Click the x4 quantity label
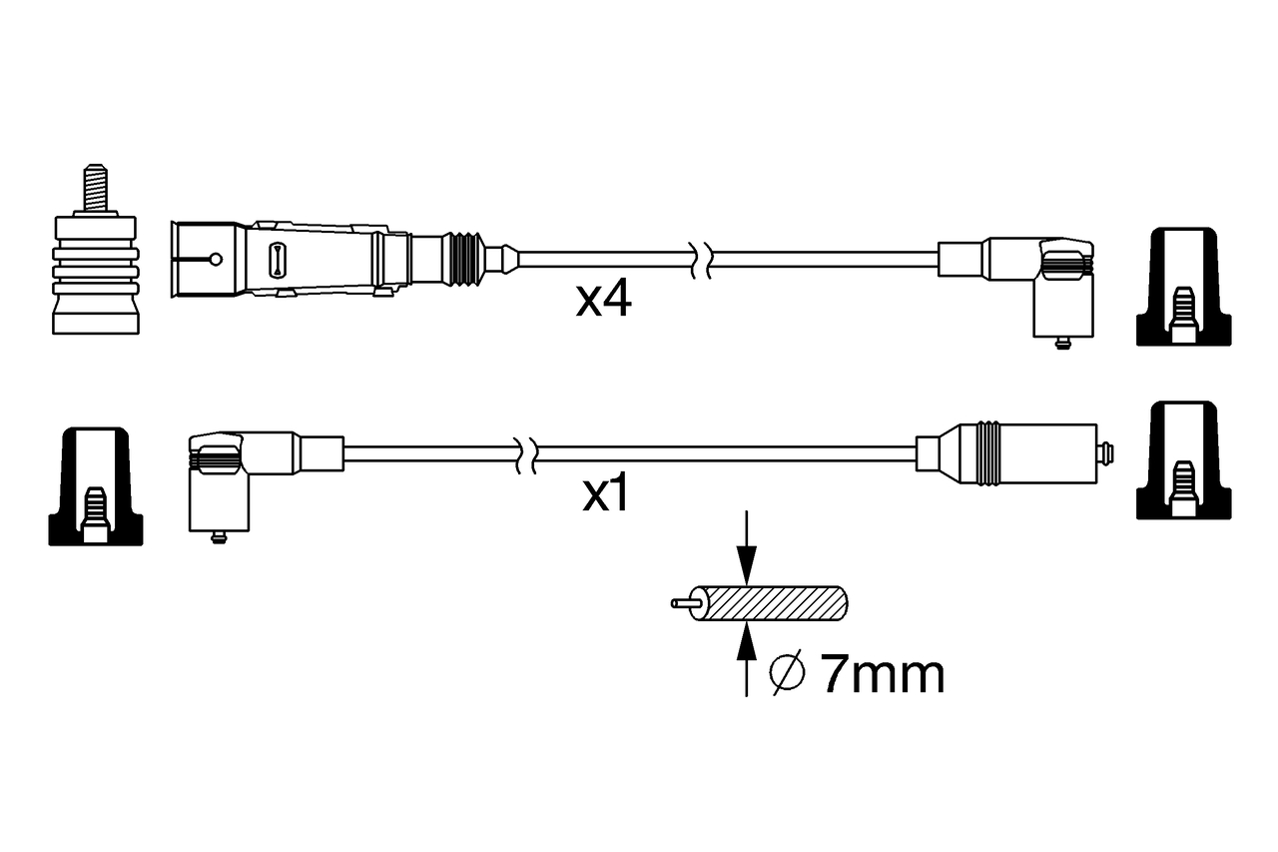604,300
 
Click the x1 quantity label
606,494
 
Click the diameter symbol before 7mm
788,675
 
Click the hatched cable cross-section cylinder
773,603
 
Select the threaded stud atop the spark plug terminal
96,188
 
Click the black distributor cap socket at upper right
1183,288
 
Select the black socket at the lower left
95,486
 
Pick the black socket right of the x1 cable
1183,461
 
